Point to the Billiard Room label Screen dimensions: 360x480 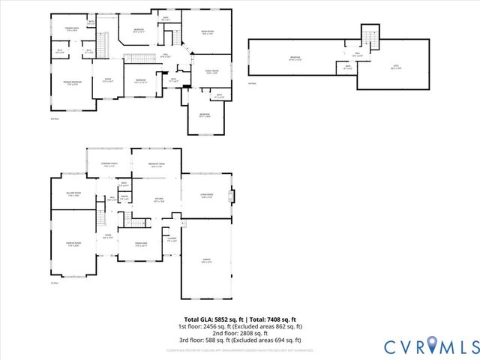pos(73,194)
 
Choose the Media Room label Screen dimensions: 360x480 pos(208,31)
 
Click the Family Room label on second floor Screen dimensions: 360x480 pos(211,72)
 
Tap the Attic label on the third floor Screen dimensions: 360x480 pos(396,67)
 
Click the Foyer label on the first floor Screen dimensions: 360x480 pos(107,237)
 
